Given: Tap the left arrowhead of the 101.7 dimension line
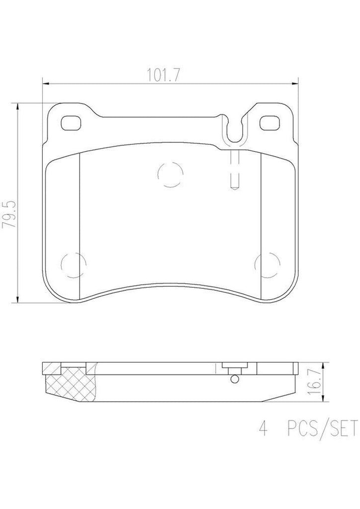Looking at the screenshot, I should (45, 83).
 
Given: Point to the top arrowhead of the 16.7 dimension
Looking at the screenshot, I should (324, 364).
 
